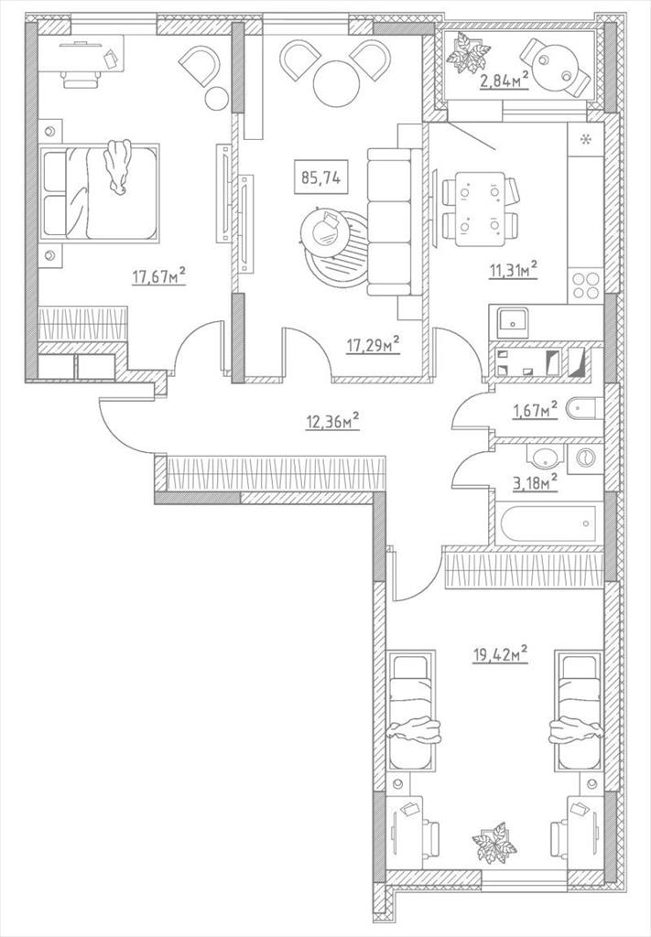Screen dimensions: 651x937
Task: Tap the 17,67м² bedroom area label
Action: (158, 276)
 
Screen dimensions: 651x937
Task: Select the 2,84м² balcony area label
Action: (505, 81)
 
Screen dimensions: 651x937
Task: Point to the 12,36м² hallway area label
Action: (332, 421)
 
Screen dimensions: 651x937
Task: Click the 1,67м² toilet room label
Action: (535, 411)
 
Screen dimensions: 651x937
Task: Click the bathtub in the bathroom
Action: (548, 524)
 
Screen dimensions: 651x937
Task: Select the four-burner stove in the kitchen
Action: (585, 285)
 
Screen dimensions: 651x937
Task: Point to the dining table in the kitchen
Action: (480, 209)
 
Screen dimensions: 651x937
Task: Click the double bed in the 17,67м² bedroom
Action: (99, 192)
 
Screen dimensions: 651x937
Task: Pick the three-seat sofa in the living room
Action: (390, 221)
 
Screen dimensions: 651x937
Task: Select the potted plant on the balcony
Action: (468, 52)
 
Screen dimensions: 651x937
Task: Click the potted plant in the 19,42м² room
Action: (494, 842)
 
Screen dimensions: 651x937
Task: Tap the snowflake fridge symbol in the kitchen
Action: (585, 140)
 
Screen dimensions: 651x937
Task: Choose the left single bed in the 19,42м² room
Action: (411, 712)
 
